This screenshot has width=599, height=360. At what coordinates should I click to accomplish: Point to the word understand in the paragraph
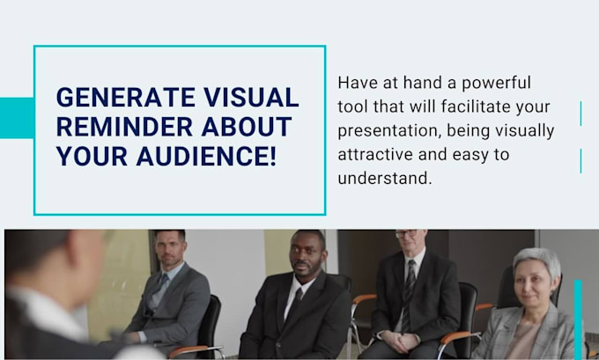tap(383, 178)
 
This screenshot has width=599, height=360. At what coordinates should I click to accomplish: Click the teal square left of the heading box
tap(16, 117)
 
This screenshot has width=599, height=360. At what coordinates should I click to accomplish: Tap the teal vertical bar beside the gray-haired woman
tap(579, 318)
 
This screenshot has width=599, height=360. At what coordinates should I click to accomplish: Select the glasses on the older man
tap(406, 235)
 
